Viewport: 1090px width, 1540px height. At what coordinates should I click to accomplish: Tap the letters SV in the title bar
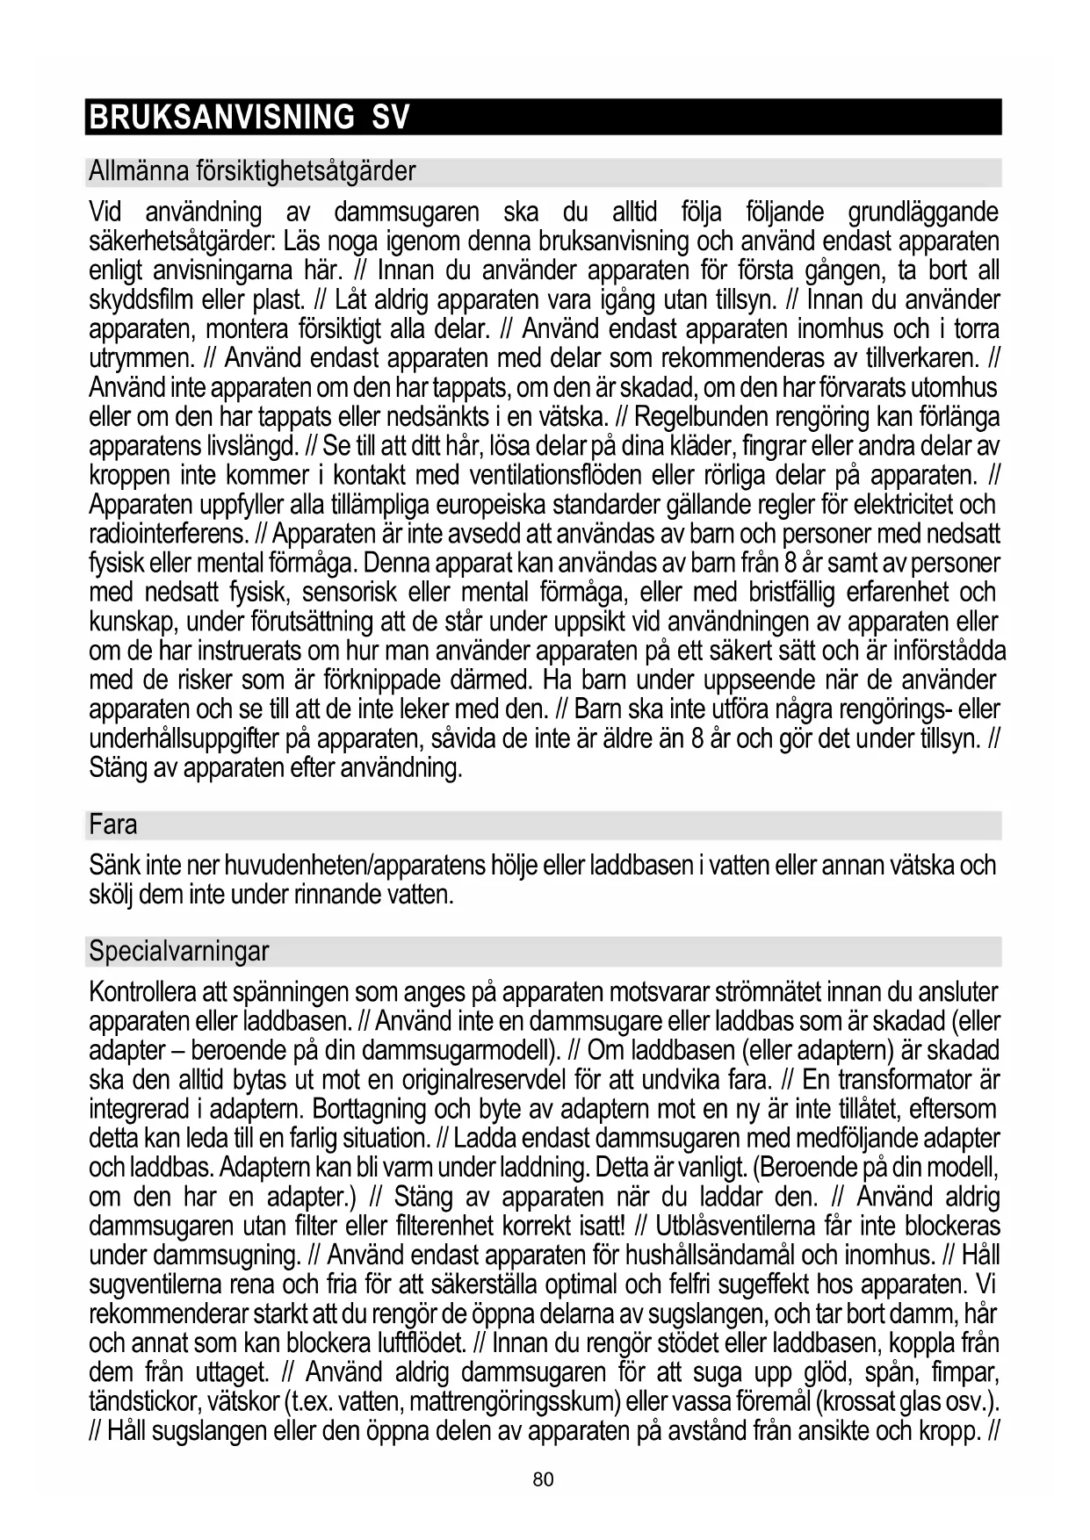click(x=391, y=117)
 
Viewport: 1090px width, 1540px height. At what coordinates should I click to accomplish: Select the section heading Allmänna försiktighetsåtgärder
click(x=252, y=171)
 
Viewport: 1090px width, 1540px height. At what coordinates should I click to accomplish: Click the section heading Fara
click(x=113, y=825)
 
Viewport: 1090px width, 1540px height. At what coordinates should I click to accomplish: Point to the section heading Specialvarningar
click(x=178, y=951)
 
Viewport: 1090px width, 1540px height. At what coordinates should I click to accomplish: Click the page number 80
click(x=544, y=1479)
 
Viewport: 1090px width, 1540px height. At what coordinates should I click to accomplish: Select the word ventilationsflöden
click(x=546, y=476)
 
